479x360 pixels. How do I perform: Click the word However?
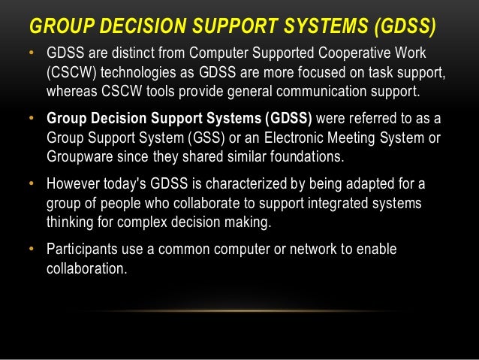click(73, 185)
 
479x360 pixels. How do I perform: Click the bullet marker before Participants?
click(31, 249)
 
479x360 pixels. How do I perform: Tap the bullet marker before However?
click(31, 185)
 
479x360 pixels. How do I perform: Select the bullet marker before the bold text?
click(31, 122)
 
